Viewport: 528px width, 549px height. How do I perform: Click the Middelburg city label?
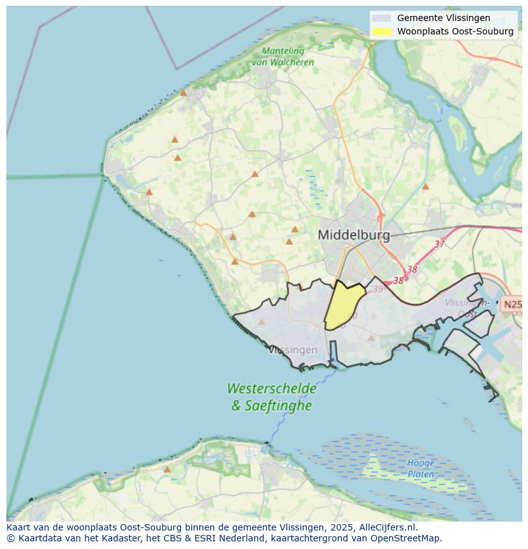353,235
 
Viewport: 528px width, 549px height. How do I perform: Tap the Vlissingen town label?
293,350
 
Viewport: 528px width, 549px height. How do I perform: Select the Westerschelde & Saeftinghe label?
272,397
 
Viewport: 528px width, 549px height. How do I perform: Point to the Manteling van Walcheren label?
282,57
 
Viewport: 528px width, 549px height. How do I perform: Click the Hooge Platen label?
421,469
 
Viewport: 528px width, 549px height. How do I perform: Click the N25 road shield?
513,305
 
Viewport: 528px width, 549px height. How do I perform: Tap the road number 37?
439,244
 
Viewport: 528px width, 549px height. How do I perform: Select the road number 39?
378,289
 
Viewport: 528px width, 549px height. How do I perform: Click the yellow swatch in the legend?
381,31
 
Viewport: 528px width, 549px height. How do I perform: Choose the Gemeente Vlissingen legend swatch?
381,18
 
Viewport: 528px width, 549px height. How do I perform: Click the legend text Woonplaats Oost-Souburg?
455,31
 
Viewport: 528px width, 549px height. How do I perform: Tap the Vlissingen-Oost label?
467,308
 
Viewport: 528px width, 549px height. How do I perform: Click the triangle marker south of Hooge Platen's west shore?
167,469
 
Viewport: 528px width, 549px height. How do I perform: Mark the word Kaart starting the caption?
19,527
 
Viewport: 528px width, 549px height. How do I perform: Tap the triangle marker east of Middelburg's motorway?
425,187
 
